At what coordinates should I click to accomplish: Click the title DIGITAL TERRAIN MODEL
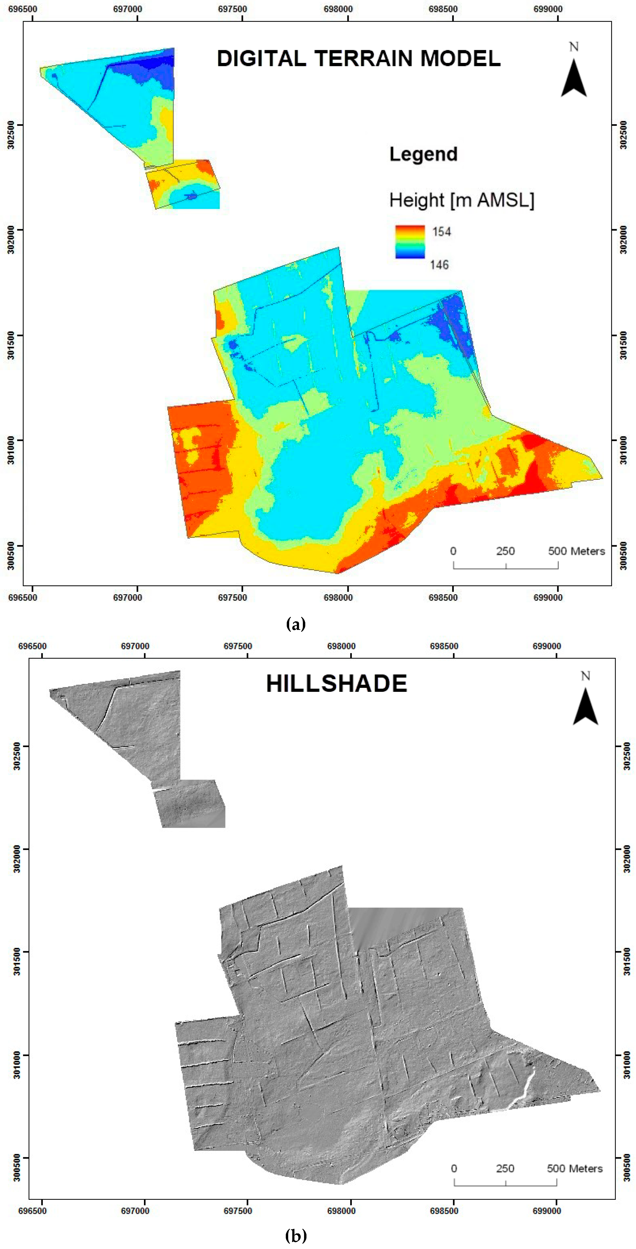[x=359, y=59]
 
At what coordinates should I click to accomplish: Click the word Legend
[x=423, y=154]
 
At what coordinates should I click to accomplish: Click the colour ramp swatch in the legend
[x=410, y=241]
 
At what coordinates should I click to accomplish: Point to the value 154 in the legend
[x=442, y=232]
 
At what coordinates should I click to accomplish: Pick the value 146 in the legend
[x=439, y=265]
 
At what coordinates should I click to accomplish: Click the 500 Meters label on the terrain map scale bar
[x=576, y=551]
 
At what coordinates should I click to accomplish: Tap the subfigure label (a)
[x=296, y=624]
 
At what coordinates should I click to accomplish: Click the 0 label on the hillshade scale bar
[x=454, y=1169]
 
